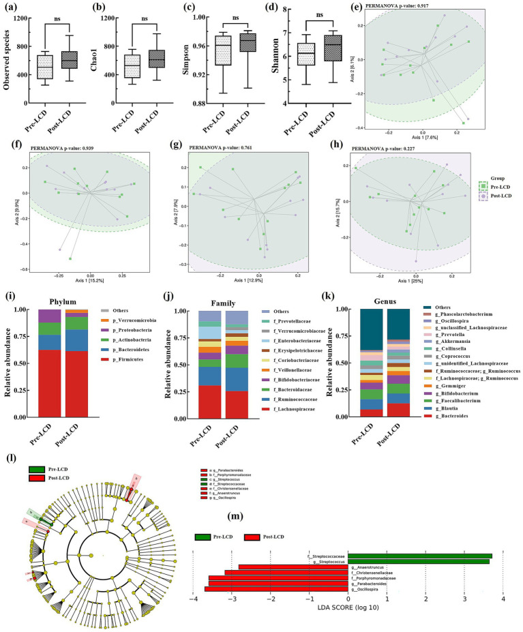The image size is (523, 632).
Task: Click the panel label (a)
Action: tap(12, 10)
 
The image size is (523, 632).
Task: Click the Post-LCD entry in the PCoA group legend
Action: tap(502, 197)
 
